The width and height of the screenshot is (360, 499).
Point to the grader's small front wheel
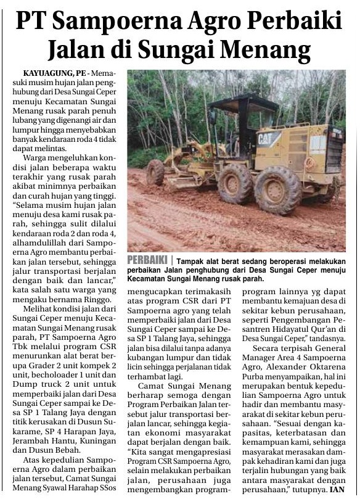pos(155,172)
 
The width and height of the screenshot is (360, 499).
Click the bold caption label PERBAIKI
pos(148,261)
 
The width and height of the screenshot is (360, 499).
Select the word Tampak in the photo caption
pos(189,261)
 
